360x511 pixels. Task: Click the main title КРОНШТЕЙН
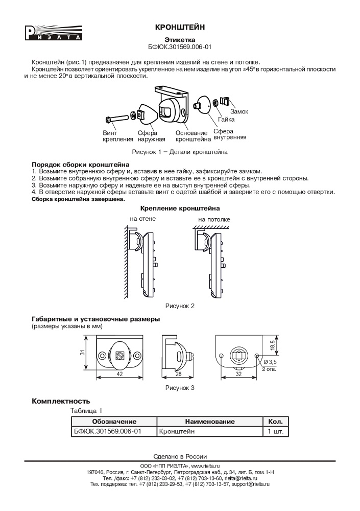click(180, 27)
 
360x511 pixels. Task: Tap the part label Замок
click(239, 111)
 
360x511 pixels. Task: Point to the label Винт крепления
click(114, 136)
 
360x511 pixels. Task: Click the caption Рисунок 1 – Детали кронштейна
click(180, 152)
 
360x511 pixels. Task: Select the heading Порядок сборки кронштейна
click(81, 165)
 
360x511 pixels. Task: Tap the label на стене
click(142, 218)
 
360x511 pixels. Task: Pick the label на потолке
click(214, 220)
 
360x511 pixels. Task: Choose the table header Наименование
click(210, 422)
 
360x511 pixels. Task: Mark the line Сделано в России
click(180, 456)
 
